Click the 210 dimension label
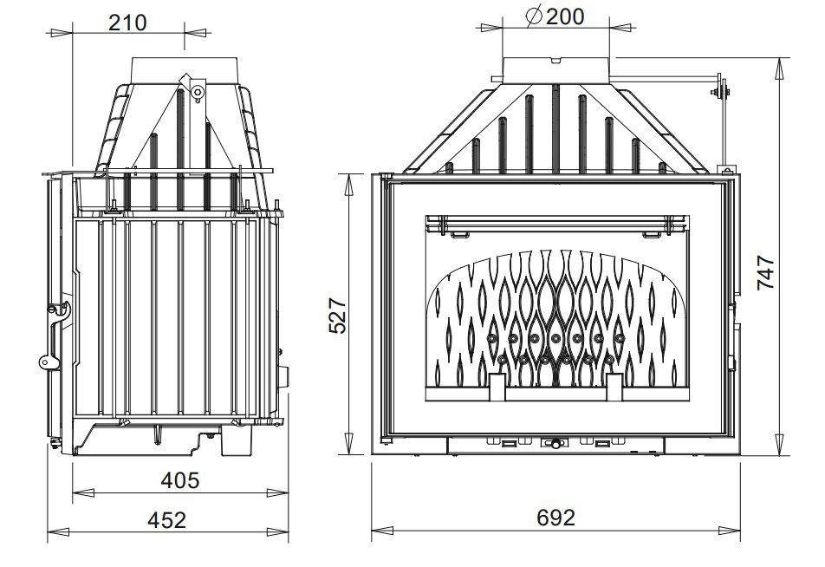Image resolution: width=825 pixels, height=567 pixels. (x=127, y=23)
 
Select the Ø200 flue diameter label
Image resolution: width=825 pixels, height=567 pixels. (x=555, y=16)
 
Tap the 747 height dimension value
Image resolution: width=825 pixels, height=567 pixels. (x=765, y=272)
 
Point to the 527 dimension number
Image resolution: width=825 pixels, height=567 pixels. (x=337, y=316)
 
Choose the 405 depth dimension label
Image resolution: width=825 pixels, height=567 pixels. (x=180, y=480)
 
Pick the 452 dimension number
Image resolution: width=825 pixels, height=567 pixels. (x=166, y=519)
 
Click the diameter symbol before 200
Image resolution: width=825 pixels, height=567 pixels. (x=534, y=16)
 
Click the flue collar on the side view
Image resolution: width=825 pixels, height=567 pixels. (x=185, y=70)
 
